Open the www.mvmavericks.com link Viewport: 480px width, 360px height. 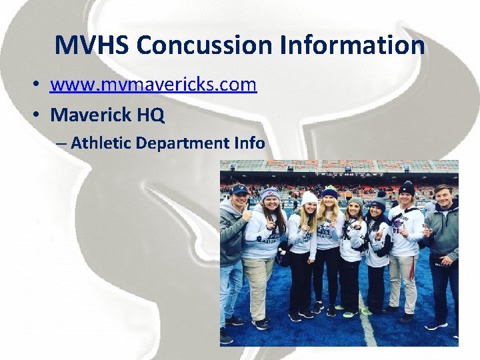(x=153, y=85)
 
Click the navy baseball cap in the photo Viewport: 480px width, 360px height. (x=239, y=189)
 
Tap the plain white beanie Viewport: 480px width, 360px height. (x=309, y=197)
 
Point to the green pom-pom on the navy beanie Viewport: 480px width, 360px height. (x=331, y=188)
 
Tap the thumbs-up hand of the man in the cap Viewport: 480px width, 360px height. (x=247, y=215)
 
